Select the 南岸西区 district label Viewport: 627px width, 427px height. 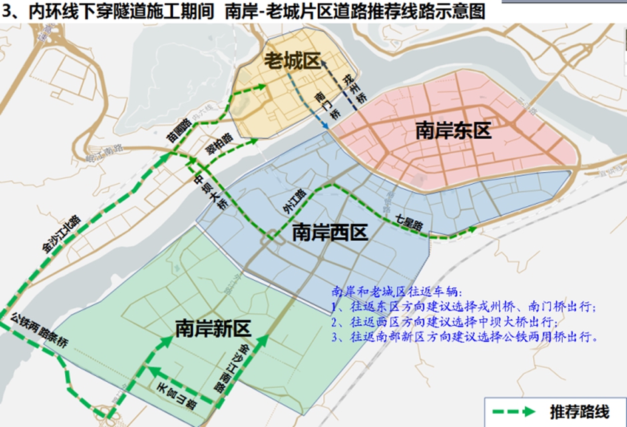point(330,233)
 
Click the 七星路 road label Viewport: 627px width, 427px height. point(409,224)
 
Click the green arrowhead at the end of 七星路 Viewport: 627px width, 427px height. point(472,229)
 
